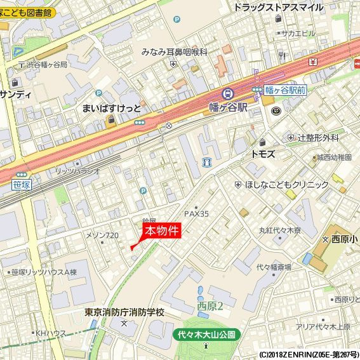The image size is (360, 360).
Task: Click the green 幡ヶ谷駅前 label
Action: [x=285, y=91]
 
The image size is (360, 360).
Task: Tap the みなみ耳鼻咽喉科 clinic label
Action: [x=175, y=52]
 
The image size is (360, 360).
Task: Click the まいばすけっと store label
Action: [x=112, y=107]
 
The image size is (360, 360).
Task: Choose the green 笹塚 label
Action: [x=21, y=185]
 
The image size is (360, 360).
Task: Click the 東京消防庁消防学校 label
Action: [x=124, y=312]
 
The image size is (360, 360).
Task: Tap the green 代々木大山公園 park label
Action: [x=206, y=334]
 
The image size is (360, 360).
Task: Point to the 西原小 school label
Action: [x=343, y=239]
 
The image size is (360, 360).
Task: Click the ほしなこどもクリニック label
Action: [x=287, y=185]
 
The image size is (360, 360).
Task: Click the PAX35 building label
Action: [x=196, y=214]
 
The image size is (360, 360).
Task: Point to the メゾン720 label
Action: [x=102, y=236]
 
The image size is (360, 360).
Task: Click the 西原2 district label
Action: [x=210, y=306]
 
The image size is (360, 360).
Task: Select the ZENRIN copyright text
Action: [x=309, y=354]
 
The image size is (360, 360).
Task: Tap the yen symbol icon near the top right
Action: [x=314, y=62]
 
